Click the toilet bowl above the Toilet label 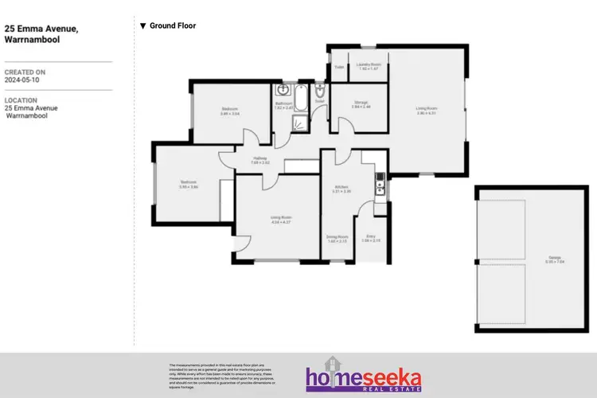coord(319,90)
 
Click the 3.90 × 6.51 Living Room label coord(427,110)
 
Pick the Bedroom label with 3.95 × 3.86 coord(189,185)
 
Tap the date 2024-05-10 coord(21,80)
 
